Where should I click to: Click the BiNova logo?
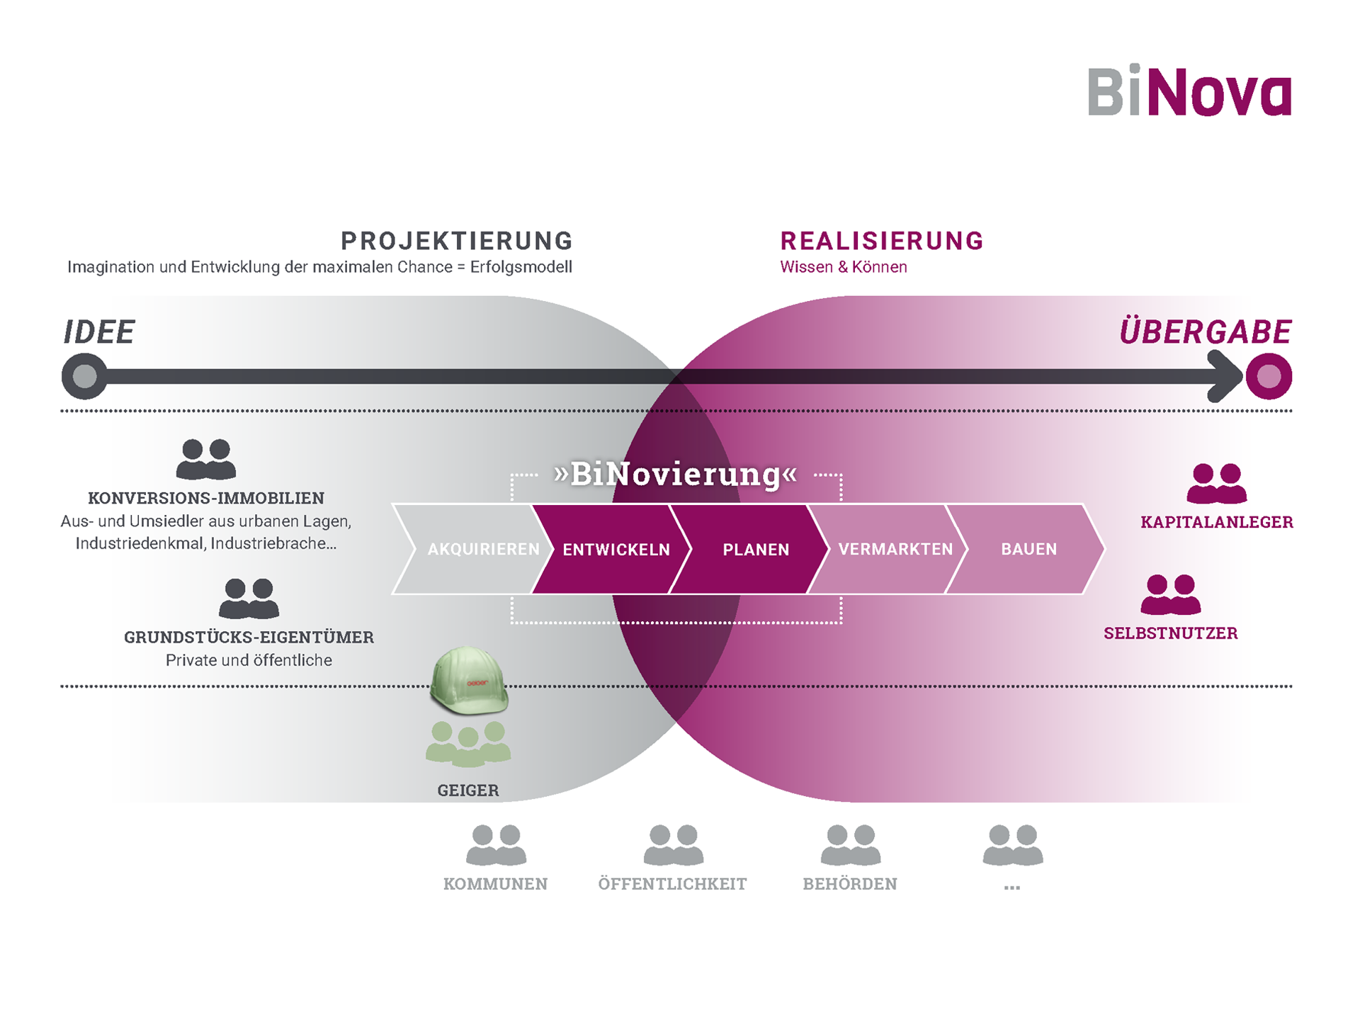tap(1189, 91)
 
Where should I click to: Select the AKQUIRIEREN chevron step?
tap(475, 549)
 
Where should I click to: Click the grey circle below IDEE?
tap(84, 376)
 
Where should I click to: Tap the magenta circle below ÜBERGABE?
tap(1268, 376)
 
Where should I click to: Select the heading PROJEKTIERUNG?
tap(457, 241)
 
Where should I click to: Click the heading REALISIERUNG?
tap(882, 241)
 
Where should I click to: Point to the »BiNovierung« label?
tap(676, 474)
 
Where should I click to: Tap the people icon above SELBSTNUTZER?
tap(1170, 594)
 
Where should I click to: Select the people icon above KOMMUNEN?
tap(496, 844)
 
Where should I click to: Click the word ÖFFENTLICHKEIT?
tap(672, 884)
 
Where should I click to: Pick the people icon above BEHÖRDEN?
tap(850, 844)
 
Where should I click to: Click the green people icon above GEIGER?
tap(468, 744)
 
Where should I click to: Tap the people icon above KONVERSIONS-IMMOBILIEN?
tap(205, 459)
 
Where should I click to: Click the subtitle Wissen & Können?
tap(843, 267)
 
